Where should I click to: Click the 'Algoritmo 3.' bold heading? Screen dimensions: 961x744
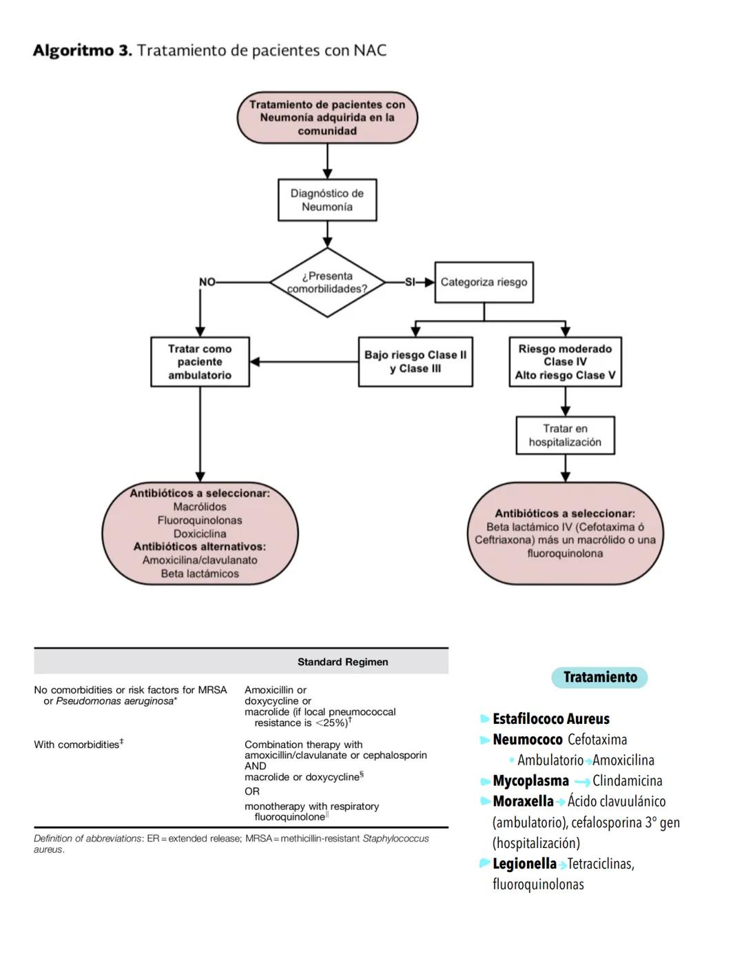click(82, 50)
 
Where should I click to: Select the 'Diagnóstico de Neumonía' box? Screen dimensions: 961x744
click(327, 200)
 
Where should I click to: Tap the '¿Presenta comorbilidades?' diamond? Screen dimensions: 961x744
click(327, 283)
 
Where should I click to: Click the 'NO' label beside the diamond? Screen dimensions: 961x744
click(207, 282)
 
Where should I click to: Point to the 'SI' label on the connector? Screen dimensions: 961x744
click(410, 282)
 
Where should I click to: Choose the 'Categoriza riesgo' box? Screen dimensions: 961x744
click(484, 282)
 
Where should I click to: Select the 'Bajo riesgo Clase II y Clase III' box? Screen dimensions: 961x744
click(415, 362)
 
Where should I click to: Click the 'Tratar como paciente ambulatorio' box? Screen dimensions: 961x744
click(200, 362)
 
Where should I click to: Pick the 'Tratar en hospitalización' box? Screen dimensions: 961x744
click(565, 435)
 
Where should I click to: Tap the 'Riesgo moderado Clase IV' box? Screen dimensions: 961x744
click(565, 362)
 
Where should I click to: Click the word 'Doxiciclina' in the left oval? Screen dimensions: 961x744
click(200, 534)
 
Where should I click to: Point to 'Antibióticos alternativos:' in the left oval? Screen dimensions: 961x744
click(200, 547)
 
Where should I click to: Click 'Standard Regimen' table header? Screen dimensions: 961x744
click(342, 662)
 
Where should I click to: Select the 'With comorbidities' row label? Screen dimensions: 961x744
click(78, 745)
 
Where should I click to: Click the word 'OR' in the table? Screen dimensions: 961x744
click(252, 791)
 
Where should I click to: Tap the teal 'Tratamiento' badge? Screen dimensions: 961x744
click(599, 677)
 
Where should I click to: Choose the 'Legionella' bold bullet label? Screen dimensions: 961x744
click(524, 864)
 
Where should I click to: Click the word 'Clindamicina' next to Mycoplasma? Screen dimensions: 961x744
click(627, 781)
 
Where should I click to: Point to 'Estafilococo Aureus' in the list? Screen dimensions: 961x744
click(551, 719)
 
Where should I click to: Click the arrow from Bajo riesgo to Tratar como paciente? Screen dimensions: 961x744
click(303, 361)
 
